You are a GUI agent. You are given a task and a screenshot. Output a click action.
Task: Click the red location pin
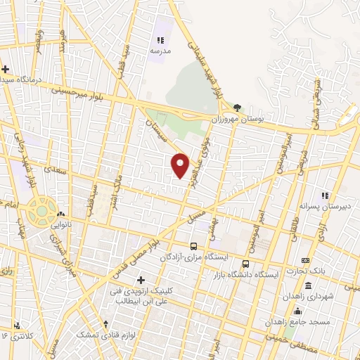point(181,165)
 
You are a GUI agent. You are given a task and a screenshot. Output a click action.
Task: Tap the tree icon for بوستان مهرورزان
point(238,108)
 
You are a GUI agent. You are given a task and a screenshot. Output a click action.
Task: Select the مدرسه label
point(159,51)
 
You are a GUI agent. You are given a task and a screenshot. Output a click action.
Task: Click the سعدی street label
point(50,169)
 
